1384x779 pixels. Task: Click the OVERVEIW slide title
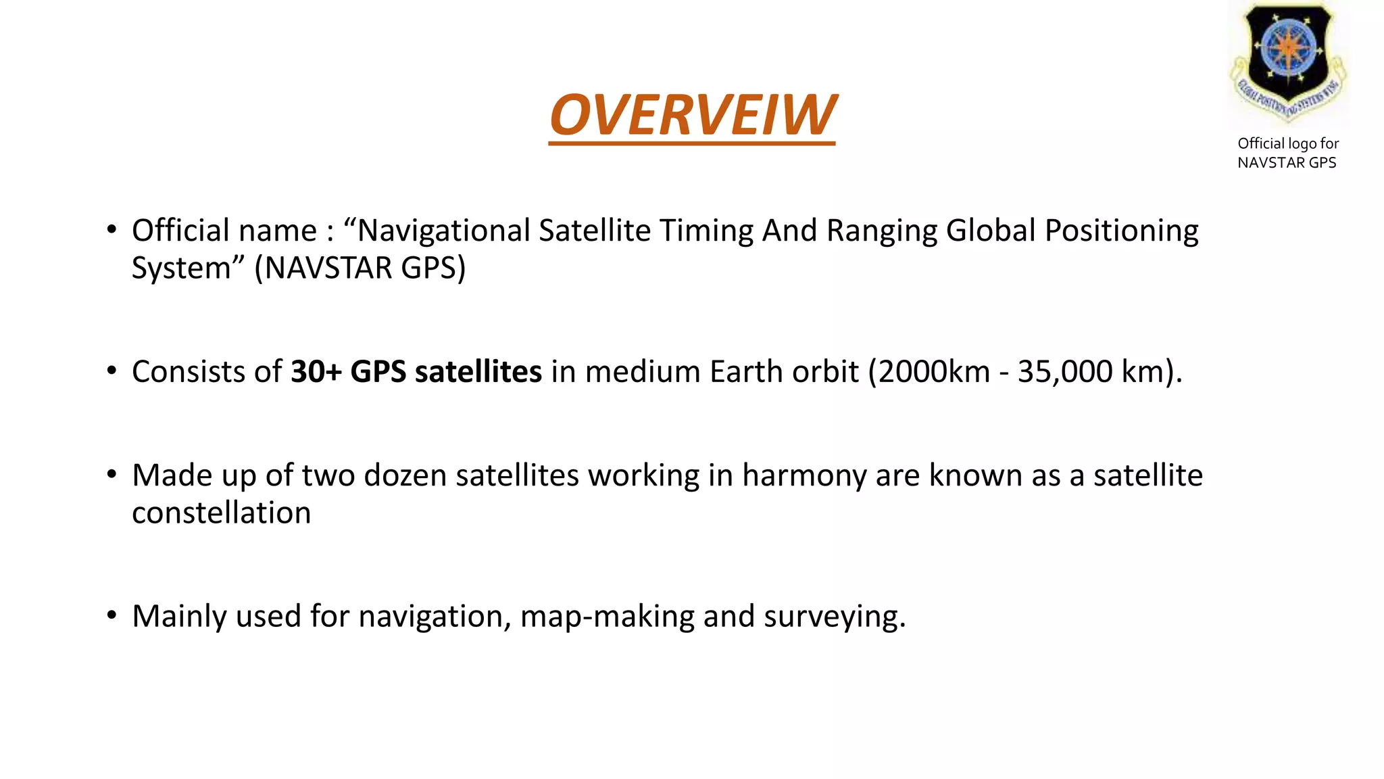coord(692,115)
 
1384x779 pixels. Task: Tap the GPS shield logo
coord(1288,61)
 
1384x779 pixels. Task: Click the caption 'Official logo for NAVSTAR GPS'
coord(1287,153)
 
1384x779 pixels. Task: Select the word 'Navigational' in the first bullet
coord(443,231)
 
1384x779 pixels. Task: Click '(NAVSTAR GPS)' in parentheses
coord(360,268)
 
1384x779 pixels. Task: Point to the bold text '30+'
coord(316,372)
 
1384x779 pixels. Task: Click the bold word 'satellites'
coord(478,372)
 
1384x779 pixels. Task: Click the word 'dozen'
coord(405,475)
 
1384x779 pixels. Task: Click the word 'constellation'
coord(222,513)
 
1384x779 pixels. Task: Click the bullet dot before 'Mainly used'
coord(112,615)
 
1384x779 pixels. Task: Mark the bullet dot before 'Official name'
coord(112,229)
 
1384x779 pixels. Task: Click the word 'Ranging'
coord(882,231)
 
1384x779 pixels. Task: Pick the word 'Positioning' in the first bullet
coord(1121,231)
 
